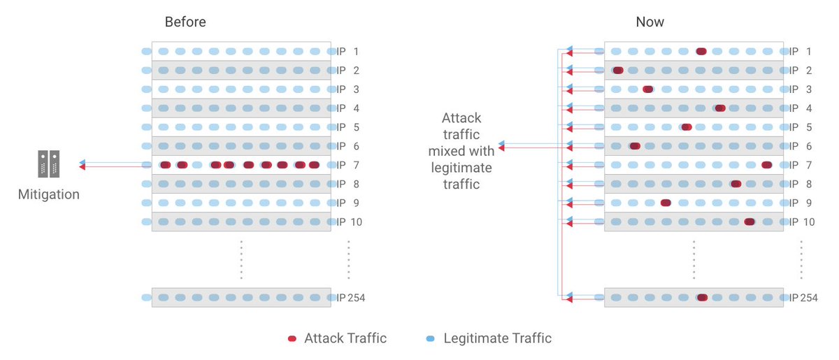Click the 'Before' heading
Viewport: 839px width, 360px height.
coord(185,22)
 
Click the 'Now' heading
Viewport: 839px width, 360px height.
coord(650,22)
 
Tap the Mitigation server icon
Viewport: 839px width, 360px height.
coord(49,164)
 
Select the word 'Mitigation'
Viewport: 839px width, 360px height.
coord(49,194)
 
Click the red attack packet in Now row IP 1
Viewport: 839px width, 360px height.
coord(701,51)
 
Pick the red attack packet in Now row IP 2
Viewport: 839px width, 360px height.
coord(617,70)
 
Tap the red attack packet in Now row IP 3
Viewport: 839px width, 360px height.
coord(648,89)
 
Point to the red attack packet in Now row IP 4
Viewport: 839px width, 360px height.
coord(720,108)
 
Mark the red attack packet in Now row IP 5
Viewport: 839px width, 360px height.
coord(687,127)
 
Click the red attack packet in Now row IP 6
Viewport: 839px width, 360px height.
coord(635,146)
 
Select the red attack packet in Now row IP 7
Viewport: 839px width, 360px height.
coord(766,165)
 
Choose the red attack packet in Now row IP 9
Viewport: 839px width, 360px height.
coord(666,203)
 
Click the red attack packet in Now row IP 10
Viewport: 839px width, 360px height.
coord(749,222)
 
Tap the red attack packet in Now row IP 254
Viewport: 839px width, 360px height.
coord(702,297)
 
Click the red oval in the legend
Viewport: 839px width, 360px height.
coord(292,339)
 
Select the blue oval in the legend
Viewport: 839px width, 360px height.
coord(429,339)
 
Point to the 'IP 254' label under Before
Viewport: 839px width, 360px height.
coord(351,297)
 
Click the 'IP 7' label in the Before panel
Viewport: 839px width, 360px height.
coord(347,165)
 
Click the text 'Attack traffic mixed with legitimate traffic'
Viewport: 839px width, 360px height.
coord(462,151)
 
